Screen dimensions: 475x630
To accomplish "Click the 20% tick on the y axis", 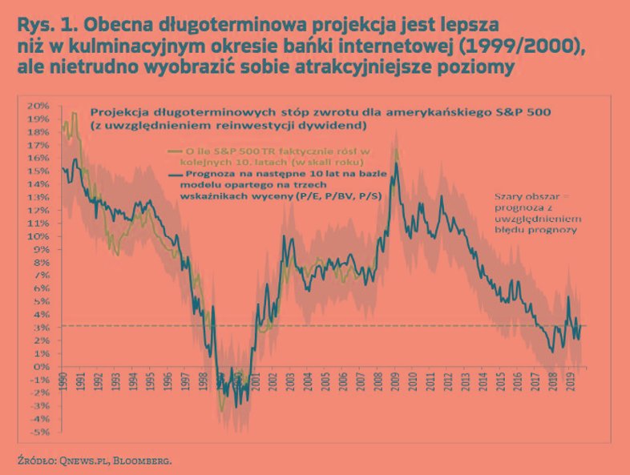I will (38, 106).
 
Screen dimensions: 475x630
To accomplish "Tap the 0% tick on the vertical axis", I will (40, 366).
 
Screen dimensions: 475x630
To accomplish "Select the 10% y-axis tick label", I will (38, 236).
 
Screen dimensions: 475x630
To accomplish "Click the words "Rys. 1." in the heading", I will (41, 24).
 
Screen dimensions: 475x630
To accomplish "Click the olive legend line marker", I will (175, 151).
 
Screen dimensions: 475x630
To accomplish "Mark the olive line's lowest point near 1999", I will (222, 411).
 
